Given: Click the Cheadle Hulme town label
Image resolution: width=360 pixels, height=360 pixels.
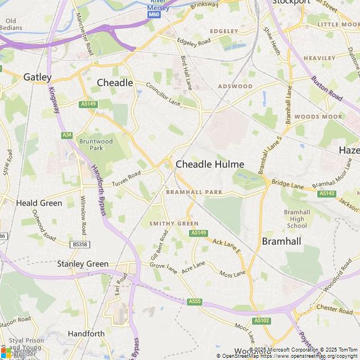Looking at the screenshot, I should (210, 164).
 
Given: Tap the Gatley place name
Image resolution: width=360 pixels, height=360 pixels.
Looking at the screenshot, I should (37, 77).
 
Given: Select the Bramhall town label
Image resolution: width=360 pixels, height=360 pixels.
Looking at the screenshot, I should (282, 241).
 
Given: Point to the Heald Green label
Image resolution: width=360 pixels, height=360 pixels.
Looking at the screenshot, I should (39, 203).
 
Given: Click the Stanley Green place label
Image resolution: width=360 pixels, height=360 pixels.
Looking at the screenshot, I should (83, 263).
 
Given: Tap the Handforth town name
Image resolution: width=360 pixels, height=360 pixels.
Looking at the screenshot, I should (86, 334).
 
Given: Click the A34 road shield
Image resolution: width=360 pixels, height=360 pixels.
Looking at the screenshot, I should (67, 135).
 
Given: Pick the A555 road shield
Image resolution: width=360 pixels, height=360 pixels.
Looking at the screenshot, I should (195, 301).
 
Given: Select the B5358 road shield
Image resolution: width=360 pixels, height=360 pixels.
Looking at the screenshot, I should (80, 245).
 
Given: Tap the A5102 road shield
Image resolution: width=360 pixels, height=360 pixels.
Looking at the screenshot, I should (262, 321).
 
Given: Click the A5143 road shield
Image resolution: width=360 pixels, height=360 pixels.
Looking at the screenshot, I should (327, 193).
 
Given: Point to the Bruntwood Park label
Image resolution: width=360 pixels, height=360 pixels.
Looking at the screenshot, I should (96, 145).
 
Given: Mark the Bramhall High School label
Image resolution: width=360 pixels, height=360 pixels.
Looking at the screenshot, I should (297, 219).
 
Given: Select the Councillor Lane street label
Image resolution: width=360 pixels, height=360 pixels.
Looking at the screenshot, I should (163, 93).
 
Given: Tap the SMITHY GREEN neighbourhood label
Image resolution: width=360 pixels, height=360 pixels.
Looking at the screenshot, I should (174, 223).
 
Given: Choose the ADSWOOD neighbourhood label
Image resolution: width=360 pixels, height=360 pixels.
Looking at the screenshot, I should (235, 87).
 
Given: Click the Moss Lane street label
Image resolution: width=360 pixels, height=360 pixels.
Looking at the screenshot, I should (232, 274).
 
